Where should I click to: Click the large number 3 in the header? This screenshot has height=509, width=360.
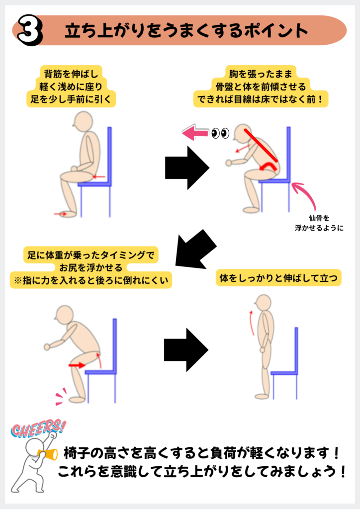pyautogui.click(x=30, y=30)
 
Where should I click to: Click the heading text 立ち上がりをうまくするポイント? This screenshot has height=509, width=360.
pyautogui.click(x=186, y=31)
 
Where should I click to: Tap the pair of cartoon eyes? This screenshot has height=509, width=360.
pyautogui.click(x=220, y=133)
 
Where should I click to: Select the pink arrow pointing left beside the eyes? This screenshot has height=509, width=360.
pyautogui.click(x=195, y=133)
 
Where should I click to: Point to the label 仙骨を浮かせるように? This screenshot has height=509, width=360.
pyautogui.click(x=319, y=223)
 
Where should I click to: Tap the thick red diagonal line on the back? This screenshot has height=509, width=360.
pyautogui.click(x=261, y=145)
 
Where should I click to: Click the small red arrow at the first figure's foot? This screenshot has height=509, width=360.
pyautogui.click(x=60, y=214)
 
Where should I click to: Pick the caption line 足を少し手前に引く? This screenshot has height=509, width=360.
pyautogui.click(x=71, y=99)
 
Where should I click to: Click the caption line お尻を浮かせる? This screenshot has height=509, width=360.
pyautogui.click(x=91, y=268)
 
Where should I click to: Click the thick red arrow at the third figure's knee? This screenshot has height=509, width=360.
pyautogui.click(x=77, y=365)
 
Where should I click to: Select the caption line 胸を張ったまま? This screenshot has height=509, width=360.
pyautogui.click(x=261, y=74)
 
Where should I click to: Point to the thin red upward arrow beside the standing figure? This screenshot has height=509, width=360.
pyautogui.click(x=251, y=323)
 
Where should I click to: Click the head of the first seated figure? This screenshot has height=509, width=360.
pyautogui.click(x=83, y=121)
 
